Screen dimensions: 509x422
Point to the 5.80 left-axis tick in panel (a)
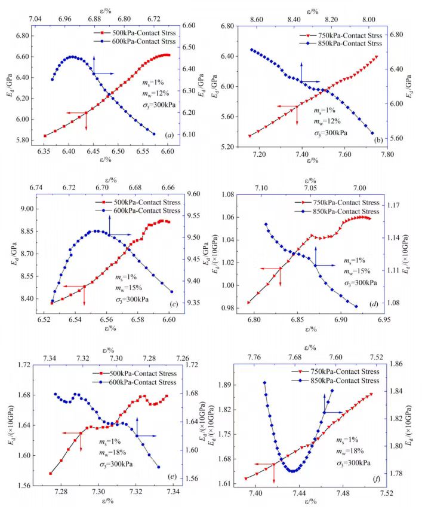21,140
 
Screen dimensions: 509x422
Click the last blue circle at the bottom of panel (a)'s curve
155,134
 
